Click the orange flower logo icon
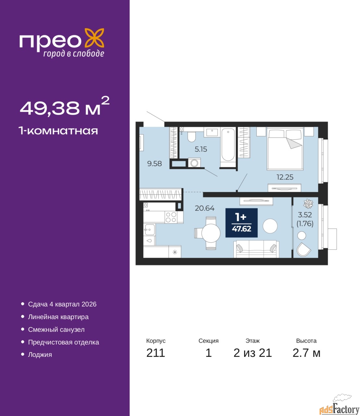tap(94, 38)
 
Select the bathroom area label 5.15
tap(201, 149)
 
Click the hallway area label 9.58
tap(155, 163)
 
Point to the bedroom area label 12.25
tap(285, 177)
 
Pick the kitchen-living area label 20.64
tap(205, 208)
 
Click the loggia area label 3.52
tap(305, 215)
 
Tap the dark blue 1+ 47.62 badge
tap(242, 223)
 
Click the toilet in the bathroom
tap(191, 136)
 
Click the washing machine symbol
tap(194, 163)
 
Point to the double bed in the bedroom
tap(285, 149)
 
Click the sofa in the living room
tap(256, 249)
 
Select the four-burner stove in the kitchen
tap(171, 217)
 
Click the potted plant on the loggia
tap(308, 203)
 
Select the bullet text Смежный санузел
tap(56, 330)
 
